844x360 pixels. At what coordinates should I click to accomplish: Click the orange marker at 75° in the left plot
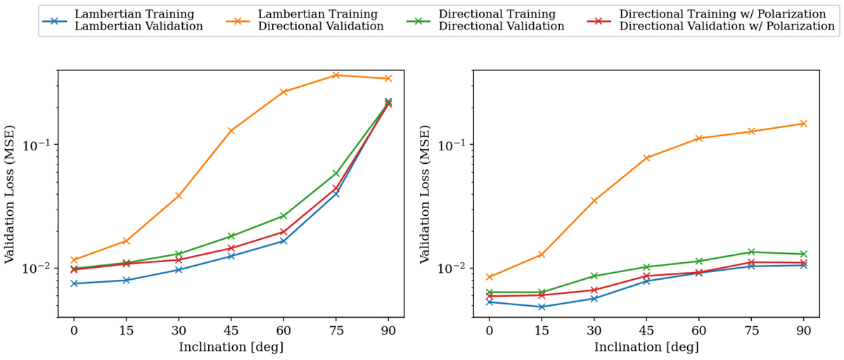coord(336,75)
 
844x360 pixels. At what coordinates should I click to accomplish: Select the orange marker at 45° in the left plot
coord(231,131)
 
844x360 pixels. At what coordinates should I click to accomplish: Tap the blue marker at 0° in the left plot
coord(74,283)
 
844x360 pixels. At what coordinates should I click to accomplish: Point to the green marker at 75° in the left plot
coord(336,173)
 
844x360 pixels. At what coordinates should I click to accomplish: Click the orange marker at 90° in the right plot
coord(803,124)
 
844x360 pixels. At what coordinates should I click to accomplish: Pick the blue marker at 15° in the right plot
coord(542,307)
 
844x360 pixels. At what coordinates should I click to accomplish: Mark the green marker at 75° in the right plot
coord(751,252)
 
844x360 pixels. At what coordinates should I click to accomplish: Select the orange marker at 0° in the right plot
coord(490,277)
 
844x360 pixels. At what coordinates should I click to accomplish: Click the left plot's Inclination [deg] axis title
coord(231,347)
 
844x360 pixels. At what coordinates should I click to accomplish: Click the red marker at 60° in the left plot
coord(283,231)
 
